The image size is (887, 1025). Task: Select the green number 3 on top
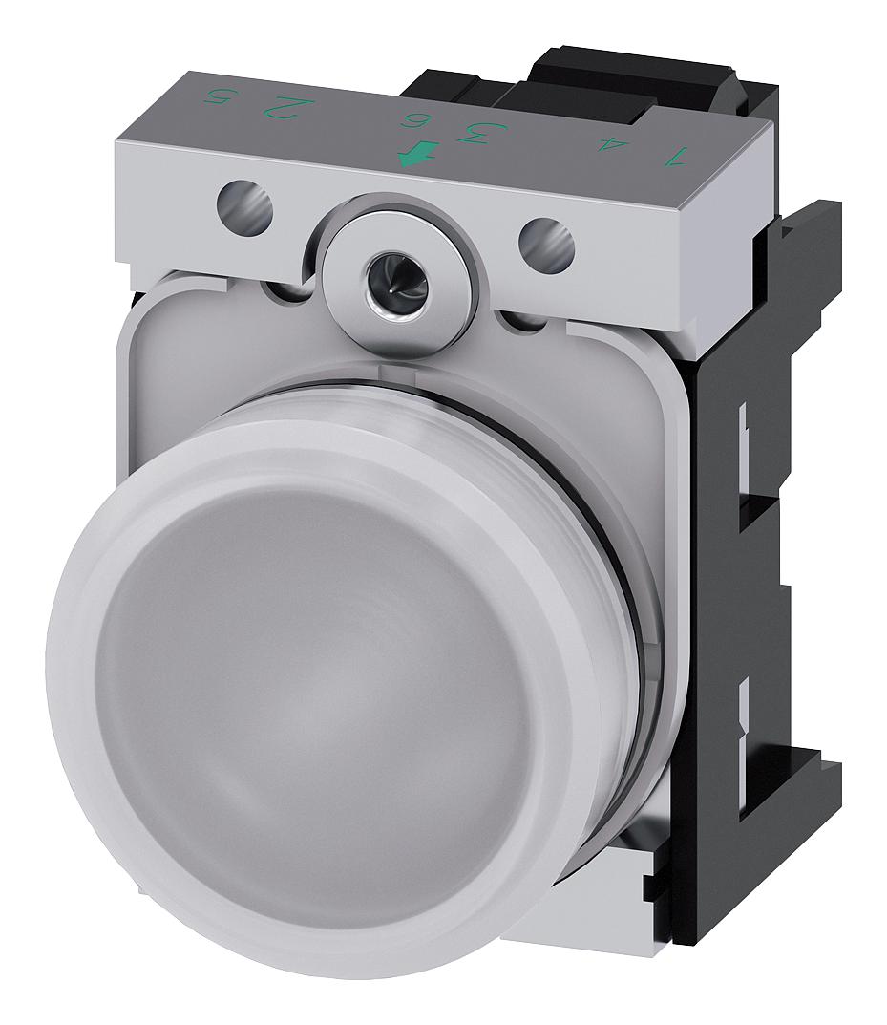[x=471, y=132]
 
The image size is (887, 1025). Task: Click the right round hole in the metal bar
[x=547, y=243]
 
